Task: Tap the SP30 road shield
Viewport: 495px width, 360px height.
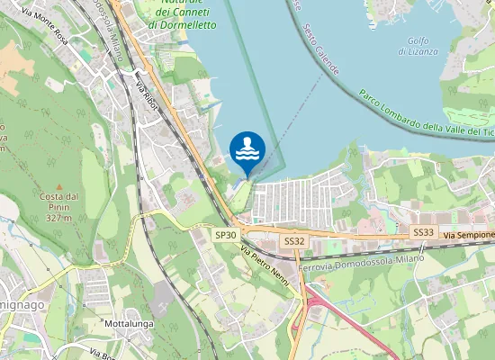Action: (x=226, y=235)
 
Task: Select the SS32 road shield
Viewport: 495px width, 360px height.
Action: (x=294, y=241)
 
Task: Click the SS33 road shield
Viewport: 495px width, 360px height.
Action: (x=423, y=232)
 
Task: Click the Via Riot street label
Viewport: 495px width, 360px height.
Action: (x=148, y=95)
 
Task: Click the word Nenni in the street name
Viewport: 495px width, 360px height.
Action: (x=281, y=278)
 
